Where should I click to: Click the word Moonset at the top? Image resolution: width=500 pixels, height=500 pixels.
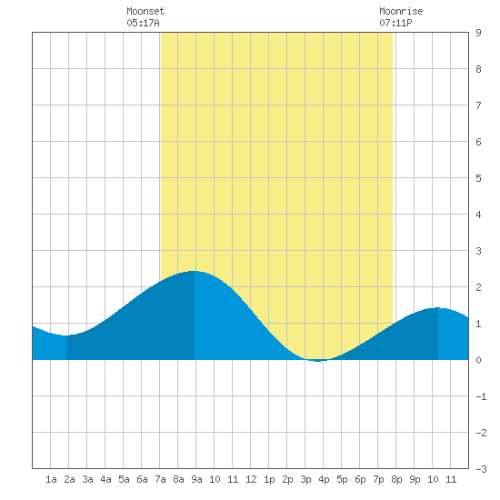(145, 11)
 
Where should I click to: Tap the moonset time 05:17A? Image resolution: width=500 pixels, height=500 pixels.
(143, 23)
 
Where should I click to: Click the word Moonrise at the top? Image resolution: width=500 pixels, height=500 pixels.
(401, 11)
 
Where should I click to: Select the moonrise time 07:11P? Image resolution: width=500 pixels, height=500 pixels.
(395, 23)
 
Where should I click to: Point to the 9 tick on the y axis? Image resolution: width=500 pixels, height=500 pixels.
(478, 33)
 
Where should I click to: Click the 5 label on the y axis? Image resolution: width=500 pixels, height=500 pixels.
(478, 178)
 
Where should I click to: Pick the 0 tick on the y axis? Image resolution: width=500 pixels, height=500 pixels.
(478, 360)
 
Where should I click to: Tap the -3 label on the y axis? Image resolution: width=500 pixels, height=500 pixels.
(481, 469)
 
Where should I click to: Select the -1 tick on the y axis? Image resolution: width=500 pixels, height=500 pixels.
(481, 396)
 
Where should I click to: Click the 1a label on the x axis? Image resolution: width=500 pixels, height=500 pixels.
(51, 479)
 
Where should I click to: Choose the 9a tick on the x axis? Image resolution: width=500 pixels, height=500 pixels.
(196, 479)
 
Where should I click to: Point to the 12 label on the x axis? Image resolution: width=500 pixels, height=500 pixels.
(251, 479)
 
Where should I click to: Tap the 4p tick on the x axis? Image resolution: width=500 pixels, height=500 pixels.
(324, 479)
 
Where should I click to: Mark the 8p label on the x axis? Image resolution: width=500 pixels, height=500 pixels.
(396, 479)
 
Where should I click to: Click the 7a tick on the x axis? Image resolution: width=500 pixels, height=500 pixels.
(160, 479)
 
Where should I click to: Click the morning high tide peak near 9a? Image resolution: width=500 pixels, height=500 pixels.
(194, 271)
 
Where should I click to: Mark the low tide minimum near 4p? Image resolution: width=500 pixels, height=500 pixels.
(317, 361)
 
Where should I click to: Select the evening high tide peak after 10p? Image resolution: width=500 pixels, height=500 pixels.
(437, 307)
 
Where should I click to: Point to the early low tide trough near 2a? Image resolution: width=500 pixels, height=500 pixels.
(66, 335)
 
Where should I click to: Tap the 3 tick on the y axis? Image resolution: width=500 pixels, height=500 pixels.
(478, 251)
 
